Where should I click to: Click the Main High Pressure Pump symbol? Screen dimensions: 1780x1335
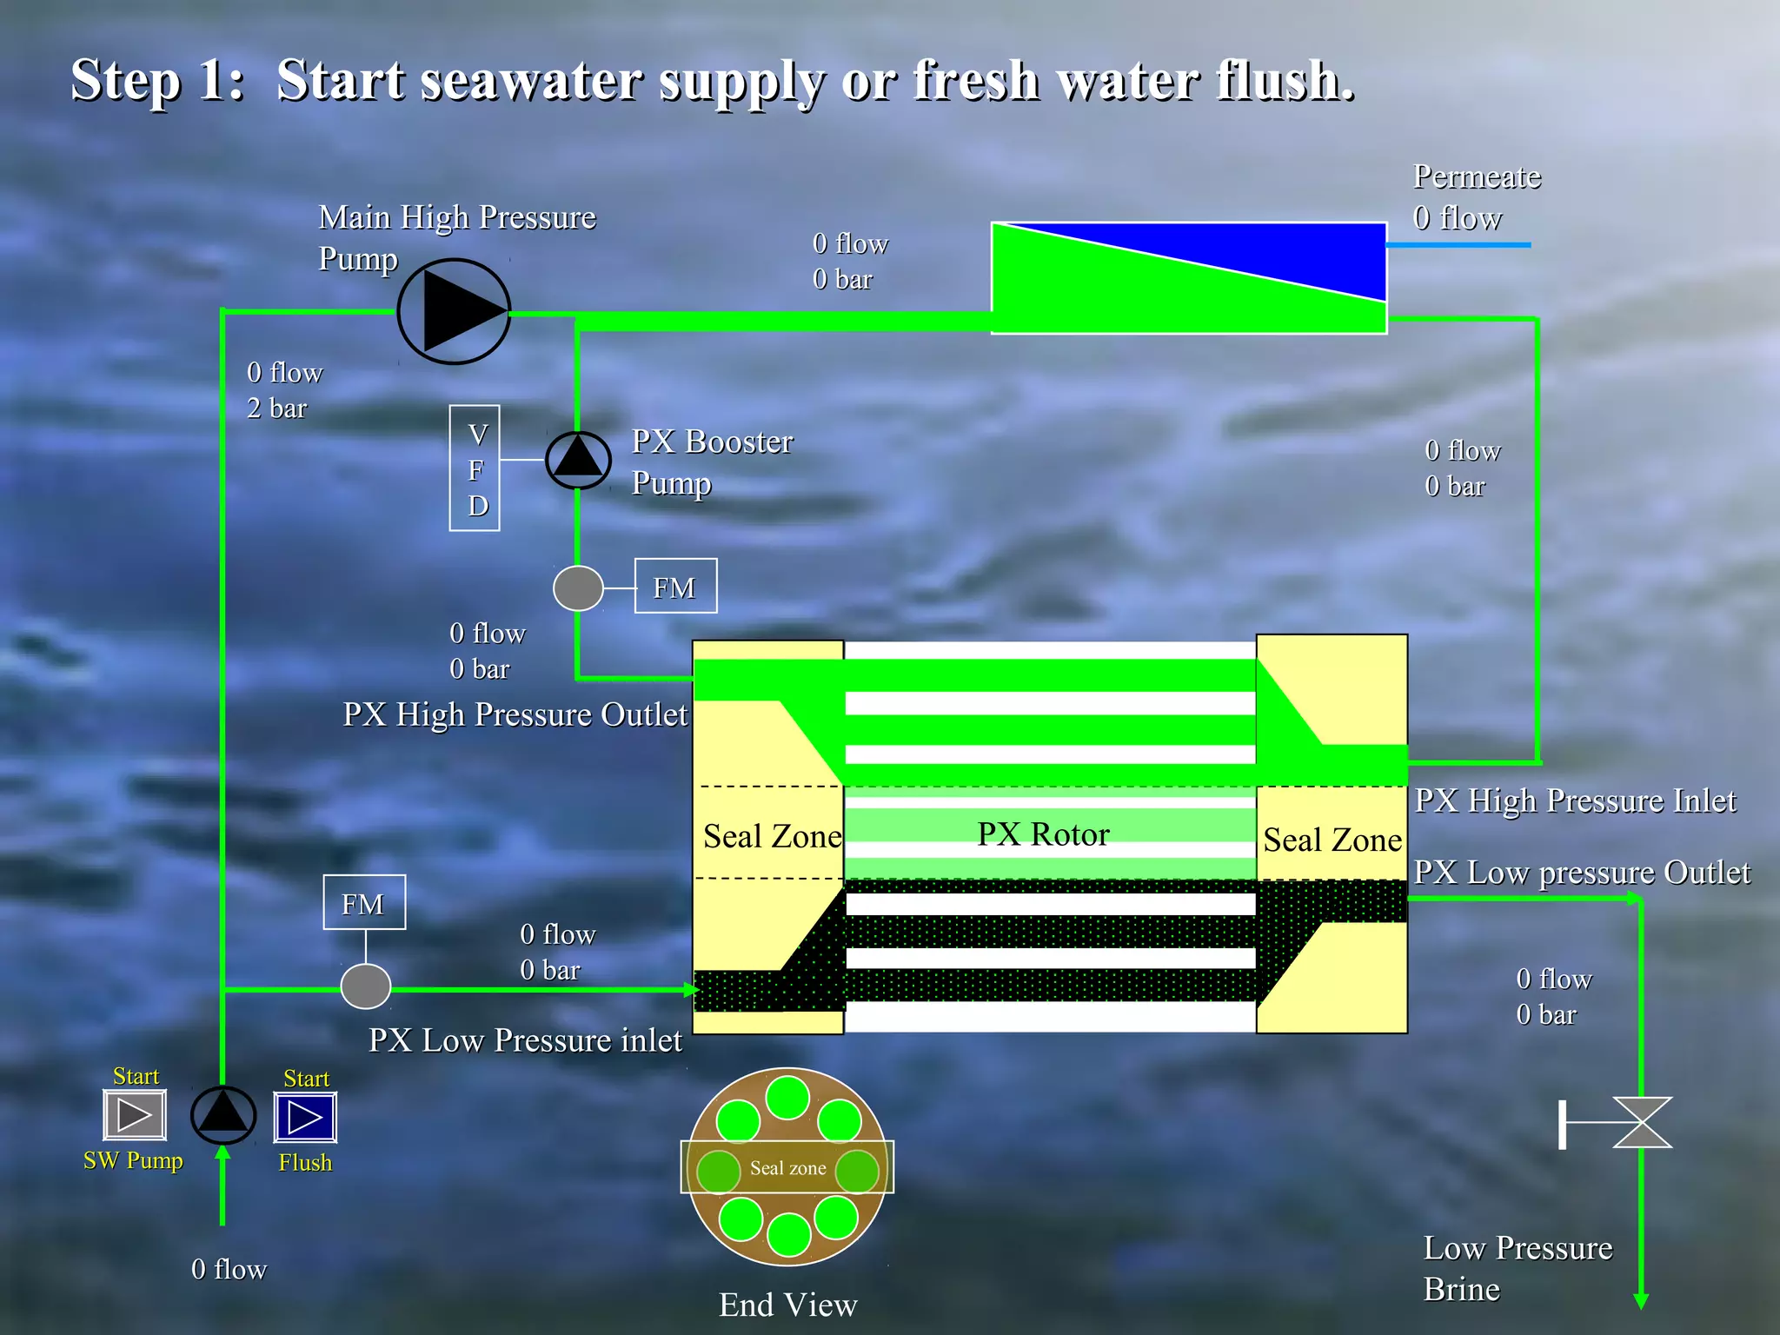click(x=454, y=311)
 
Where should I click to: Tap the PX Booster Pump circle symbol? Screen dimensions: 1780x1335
click(x=578, y=460)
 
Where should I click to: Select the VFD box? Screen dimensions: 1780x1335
click(x=475, y=468)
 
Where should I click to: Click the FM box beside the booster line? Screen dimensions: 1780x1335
click(x=675, y=587)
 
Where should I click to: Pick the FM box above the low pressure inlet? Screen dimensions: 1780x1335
click(x=364, y=903)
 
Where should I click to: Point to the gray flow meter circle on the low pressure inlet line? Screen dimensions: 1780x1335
click(x=365, y=986)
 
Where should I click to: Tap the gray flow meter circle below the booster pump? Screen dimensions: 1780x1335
click(x=578, y=588)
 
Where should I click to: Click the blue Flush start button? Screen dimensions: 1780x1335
click(x=305, y=1117)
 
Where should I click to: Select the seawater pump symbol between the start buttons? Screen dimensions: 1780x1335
click(x=223, y=1115)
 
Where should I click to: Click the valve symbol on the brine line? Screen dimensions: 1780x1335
click(x=1641, y=1123)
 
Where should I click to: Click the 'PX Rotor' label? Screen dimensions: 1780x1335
click(x=1043, y=834)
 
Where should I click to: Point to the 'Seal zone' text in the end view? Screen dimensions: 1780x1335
click(x=787, y=1168)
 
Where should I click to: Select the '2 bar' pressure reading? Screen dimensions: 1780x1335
click(x=277, y=408)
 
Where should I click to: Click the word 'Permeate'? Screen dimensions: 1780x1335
click(x=1477, y=176)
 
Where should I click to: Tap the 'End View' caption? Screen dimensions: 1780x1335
click(x=787, y=1305)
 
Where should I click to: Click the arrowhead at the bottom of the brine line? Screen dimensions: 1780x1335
click(x=1641, y=1300)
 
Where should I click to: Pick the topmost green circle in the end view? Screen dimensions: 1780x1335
click(x=787, y=1097)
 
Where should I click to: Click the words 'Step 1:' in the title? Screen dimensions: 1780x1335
click(x=157, y=80)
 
